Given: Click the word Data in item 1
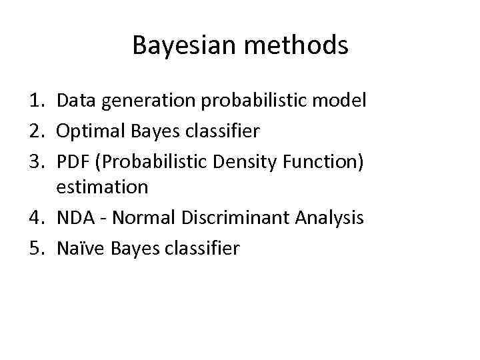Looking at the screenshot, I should point(75,101).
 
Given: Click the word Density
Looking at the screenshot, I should point(228,163).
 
